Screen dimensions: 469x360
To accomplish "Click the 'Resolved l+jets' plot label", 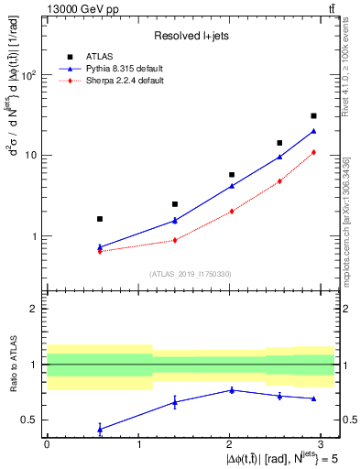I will point(191,36).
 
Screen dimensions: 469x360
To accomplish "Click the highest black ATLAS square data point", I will point(313,115).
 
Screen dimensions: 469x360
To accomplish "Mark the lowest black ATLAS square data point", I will point(99,219).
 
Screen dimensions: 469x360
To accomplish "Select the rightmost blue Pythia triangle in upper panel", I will point(313,131).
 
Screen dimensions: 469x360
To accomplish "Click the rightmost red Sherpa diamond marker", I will point(313,152).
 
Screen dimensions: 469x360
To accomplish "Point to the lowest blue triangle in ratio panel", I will point(99,429).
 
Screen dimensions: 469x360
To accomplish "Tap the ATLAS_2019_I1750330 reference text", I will point(190,274).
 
